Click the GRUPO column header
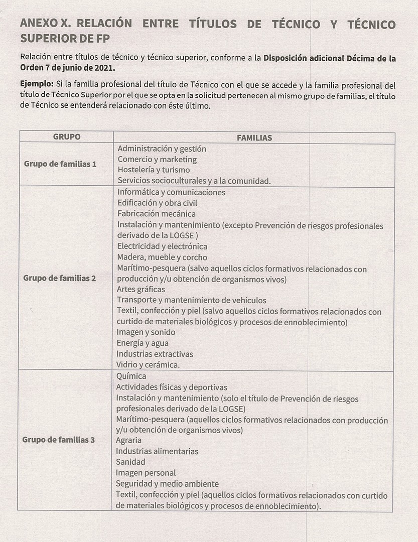coord(66,137)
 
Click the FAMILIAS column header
coord(254,138)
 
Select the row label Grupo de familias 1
coord(60,164)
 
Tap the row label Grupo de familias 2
coord(59,278)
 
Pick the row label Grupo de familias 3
coord(58,440)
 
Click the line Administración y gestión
coord(162,149)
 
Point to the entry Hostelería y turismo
coord(154,170)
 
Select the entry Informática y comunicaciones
coord(171,192)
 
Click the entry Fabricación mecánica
coord(156,214)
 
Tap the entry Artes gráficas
coord(141,290)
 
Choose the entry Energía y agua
coord(143,343)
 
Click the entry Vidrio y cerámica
coord(148,365)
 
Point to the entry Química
coord(131,376)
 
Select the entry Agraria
coord(129,441)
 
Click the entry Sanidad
coord(130,462)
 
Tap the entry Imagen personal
coord(146,473)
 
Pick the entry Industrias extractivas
coord(155,354)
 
